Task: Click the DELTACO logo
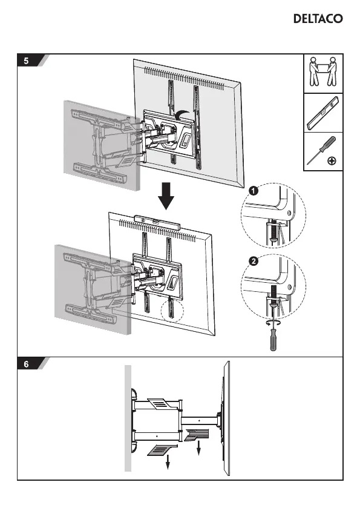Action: [318, 18]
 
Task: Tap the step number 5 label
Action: [26, 61]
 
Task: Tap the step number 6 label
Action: [26, 364]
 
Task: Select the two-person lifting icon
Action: [322, 72]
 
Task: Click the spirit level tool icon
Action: [322, 112]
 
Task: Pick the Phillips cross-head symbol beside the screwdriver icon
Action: [332, 160]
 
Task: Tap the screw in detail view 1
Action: [273, 231]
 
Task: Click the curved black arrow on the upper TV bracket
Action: [182, 113]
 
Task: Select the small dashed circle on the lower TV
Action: [172, 310]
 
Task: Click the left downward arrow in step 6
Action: [168, 461]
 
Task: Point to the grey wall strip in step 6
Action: [128, 418]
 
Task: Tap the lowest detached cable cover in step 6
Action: [162, 450]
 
